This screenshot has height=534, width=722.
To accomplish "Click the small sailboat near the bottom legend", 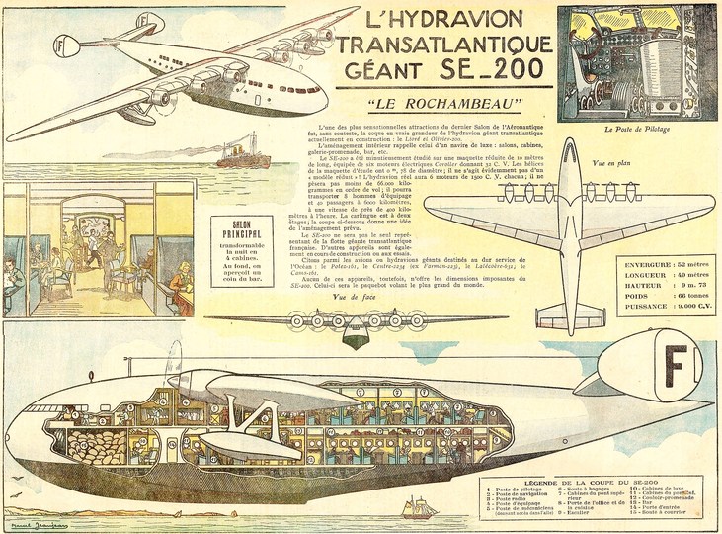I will coord(420,507).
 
